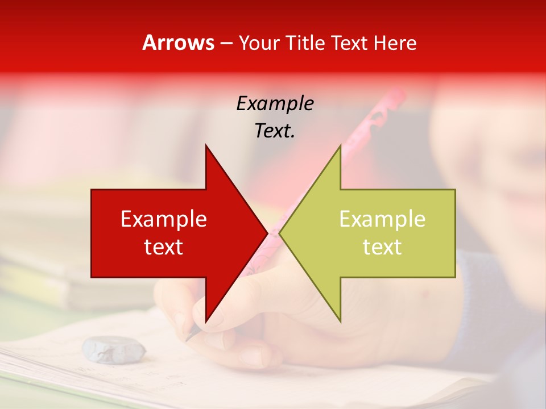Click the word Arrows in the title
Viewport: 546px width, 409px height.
(x=178, y=43)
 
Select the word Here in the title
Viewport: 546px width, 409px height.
(x=395, y=43)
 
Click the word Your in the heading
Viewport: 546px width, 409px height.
(x=259, y=43)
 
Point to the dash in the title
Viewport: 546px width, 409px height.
(x=226, y=44)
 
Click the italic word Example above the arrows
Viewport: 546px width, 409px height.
(x=275, y=103)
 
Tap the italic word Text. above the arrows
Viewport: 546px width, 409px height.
(x=275, y=131)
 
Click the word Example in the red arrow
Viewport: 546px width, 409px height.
(x=164, y=219)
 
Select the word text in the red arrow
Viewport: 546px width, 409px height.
(x=164, y=247)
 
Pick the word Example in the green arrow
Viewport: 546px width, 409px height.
(x=382, y=219)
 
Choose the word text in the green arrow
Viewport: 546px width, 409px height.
(x=382, y=247)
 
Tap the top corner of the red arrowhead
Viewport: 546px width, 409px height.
(x=206, y=145)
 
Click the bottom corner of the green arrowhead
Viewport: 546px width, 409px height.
(x=340, y=322)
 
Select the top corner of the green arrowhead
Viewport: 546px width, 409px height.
(x=340, y=145)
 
